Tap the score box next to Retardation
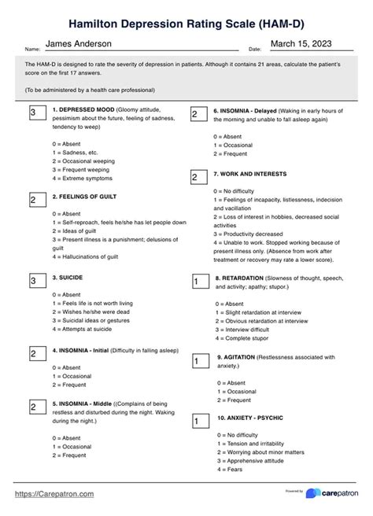tap(195, 281)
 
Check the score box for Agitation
tap(195, 361)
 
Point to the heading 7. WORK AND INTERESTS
tap(250, 174)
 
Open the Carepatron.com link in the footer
tap(54, 493)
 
